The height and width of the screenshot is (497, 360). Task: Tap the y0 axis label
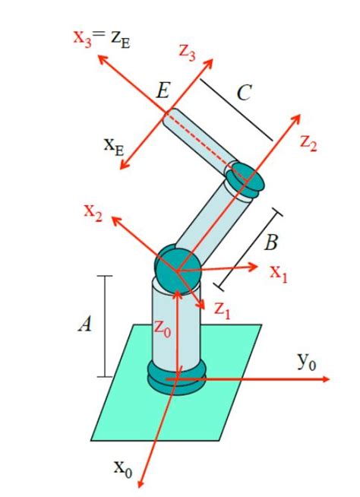(x=307, y=360)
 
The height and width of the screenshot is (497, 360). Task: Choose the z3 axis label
(x=188, y=52)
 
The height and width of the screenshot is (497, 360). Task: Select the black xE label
(x=114, y=145)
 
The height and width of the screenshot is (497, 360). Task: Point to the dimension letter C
(x=244, y=93)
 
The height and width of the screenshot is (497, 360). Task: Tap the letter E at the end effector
(x=162, y=92)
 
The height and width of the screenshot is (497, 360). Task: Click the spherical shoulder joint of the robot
(x=177, y=267)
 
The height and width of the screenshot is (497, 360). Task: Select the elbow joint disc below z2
(x=247, y=178)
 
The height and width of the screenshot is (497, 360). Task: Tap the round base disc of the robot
(x=175, y=378)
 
